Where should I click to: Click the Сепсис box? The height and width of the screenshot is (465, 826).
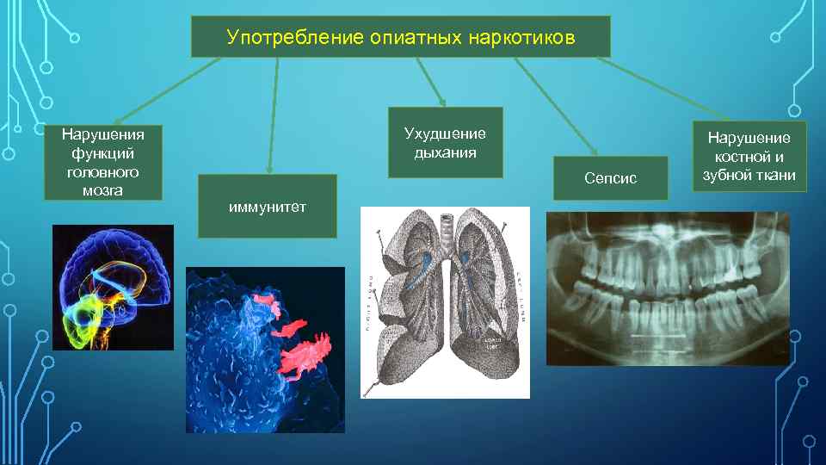(610, 178)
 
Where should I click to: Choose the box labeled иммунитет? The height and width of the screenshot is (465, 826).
(267, 206)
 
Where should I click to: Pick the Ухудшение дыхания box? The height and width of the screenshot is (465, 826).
(445, 143)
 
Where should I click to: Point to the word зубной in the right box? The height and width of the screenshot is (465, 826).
(727, 175)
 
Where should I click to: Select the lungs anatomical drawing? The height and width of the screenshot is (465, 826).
(444, 301)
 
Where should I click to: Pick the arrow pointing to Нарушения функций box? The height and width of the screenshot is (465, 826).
(163, 90)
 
